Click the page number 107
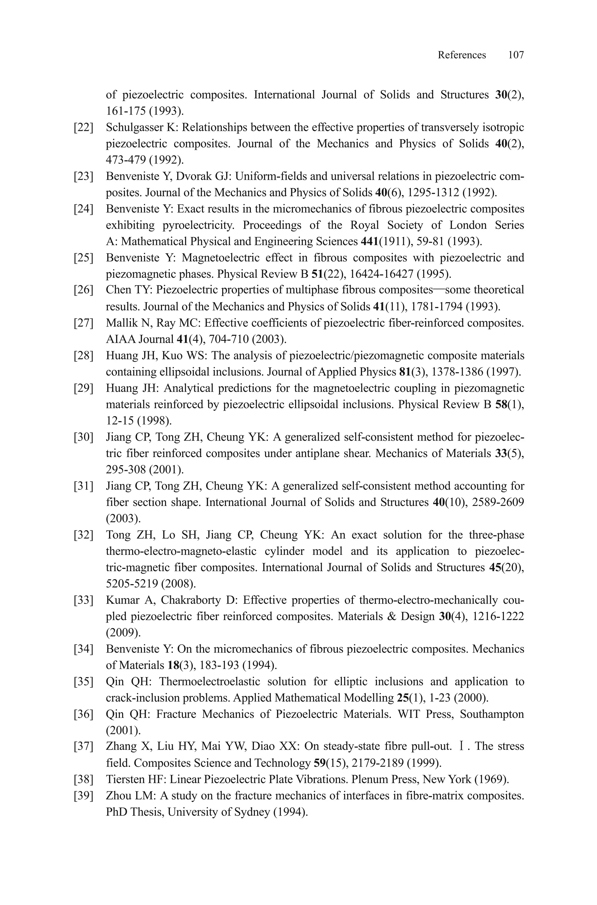coord(516,55)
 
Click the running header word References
coord(461,55)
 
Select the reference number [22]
coord(83,127)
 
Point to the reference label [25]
coord(83,258)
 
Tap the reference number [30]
coord(83,437)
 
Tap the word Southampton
coord(492,714)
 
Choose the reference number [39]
coord(83,796)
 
